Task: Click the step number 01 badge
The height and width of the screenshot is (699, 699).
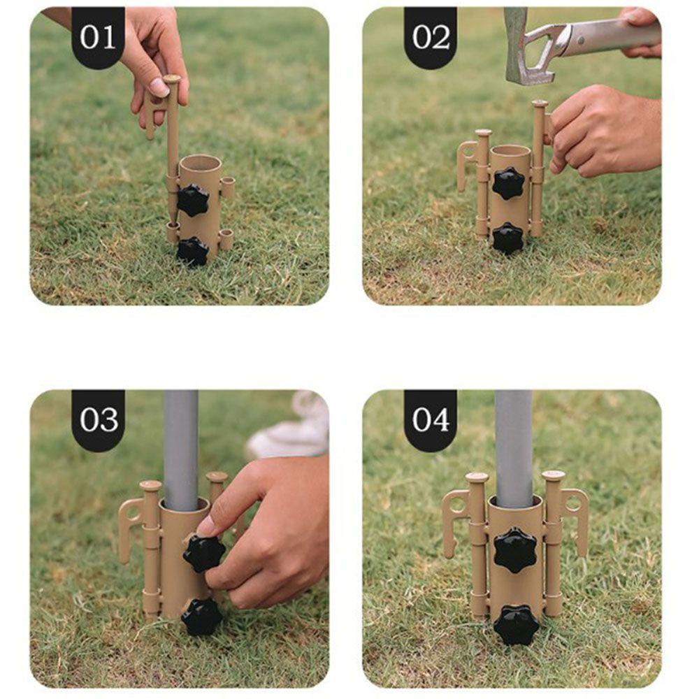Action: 98,37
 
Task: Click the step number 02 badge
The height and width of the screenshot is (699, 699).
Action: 431,37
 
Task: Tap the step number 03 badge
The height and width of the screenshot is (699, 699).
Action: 98,419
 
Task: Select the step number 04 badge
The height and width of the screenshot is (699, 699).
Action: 431,419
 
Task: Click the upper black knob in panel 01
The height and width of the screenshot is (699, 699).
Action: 192,200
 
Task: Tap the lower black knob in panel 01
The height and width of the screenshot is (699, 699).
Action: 192,251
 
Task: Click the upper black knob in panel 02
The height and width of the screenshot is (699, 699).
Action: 508,183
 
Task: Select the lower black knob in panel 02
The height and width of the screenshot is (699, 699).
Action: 508,238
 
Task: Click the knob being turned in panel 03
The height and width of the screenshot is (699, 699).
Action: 204,553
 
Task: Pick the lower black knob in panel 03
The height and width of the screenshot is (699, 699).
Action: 201,617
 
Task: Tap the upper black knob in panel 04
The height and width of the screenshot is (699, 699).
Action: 515,549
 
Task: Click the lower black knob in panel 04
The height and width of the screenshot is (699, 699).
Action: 516,624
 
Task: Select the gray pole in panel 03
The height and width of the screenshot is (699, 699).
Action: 181,447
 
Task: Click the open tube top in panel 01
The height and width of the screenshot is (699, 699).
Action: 200,162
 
